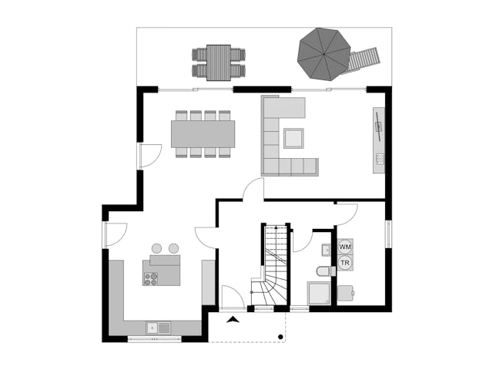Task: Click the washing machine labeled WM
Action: (x=345, y=247)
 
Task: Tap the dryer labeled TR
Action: (x=345, y=263)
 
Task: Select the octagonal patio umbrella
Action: (x=324, y=54)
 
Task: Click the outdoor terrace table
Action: (x=219, y=62)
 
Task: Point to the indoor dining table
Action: (x=203, y=134)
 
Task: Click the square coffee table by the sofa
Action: (x=293, y=138)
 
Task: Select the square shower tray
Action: (x=319, y=293)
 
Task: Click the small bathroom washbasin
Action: (x=326, y=250)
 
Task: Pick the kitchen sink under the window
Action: (x=159, y=328)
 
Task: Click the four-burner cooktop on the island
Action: (x=151, y=279)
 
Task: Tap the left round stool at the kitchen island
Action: (x=156, y=248)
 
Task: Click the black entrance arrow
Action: (x=233, y=319)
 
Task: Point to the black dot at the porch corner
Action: (x=280, y=337)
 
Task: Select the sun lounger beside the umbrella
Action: (x=363, y=61)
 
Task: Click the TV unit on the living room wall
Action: (x=379, y=140)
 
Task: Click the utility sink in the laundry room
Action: (x=346, y=293)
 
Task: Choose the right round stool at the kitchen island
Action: (x=173, y=248)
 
